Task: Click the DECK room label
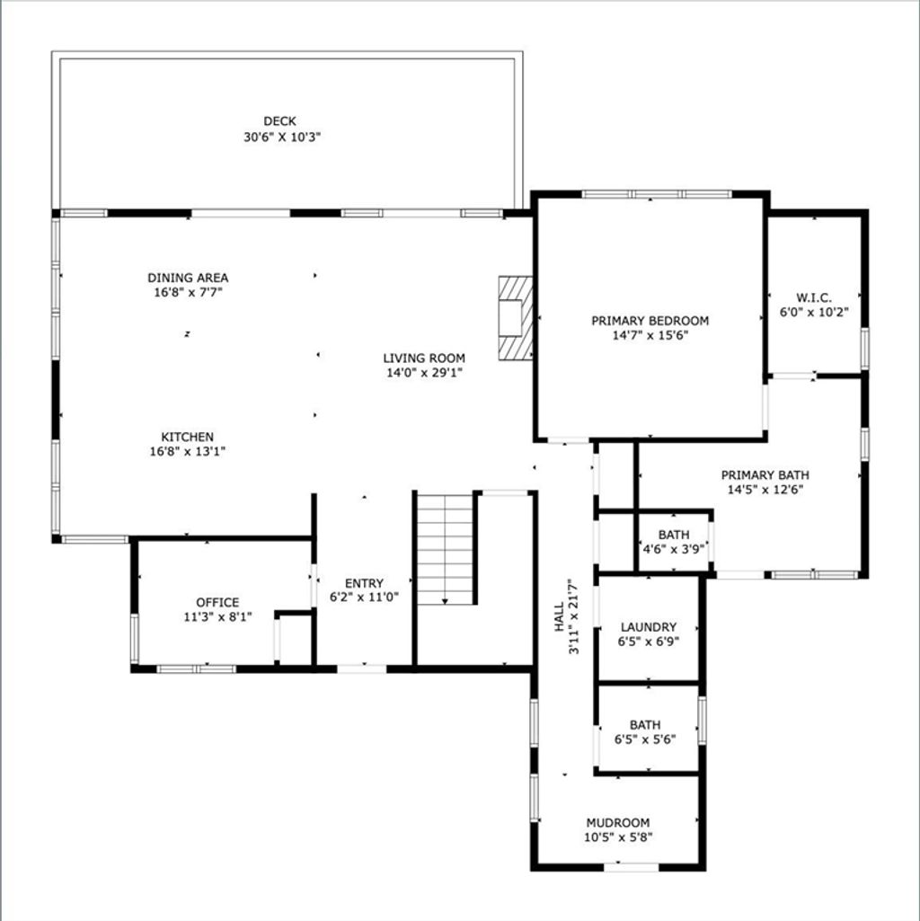(x=279, y=121)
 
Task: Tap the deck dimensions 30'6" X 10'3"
(x=282, y=137)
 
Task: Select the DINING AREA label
(x=188, y=278)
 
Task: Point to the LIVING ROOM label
(x=424, y=358)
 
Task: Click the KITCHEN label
(x=188, y=437)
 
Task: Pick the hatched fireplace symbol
(x=515, y=318)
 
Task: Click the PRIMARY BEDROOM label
(x=650, y=321)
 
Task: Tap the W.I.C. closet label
(x=814, y=297)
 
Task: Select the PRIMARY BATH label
(x=765, y=474)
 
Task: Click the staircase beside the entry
(x=445, y=549)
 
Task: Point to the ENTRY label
(x=364, y=583)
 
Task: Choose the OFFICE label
(x=217, y=602)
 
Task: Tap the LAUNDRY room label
(x=649, y=626)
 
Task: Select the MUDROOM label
(x=618, y=822)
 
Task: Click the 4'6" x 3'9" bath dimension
(x=674, y=549)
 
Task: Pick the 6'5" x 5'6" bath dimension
(x=645, y=739)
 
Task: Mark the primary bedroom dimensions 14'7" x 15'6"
(x=650, y=335)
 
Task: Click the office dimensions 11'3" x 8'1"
(x=217, y=616)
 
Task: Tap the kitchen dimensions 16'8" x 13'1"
(x=188, y=452)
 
